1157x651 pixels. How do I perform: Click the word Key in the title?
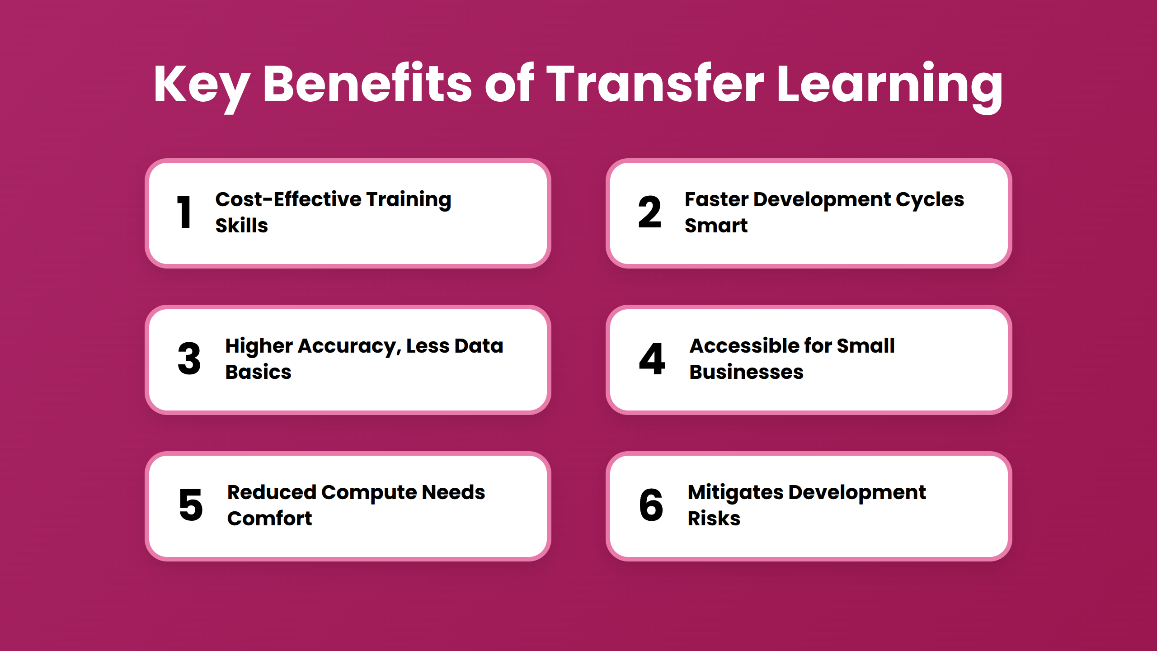coord(202,85)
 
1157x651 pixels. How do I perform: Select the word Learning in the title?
coord(889,85)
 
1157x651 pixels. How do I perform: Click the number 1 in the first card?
coord(184,212)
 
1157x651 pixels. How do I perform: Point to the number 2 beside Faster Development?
coord(649,212)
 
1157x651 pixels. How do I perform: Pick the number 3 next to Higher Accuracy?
coord(189,359)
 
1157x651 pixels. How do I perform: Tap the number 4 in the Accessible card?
coord(652,359)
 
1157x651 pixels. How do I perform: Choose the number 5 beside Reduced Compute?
coord(191,505)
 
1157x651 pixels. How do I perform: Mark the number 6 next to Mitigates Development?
coord(651,505)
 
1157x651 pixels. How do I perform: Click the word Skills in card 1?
coord(241,225)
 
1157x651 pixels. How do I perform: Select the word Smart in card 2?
coord(716,225)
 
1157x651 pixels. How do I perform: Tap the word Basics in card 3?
coord(258,372)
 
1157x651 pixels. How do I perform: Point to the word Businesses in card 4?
coord(746,372)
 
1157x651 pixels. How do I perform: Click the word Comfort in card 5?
coord(269,518)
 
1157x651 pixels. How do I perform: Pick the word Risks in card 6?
coord(714,518)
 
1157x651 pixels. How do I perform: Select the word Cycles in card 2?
coord(930,199)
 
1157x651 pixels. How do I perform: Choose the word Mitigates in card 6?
coord(735,492)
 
